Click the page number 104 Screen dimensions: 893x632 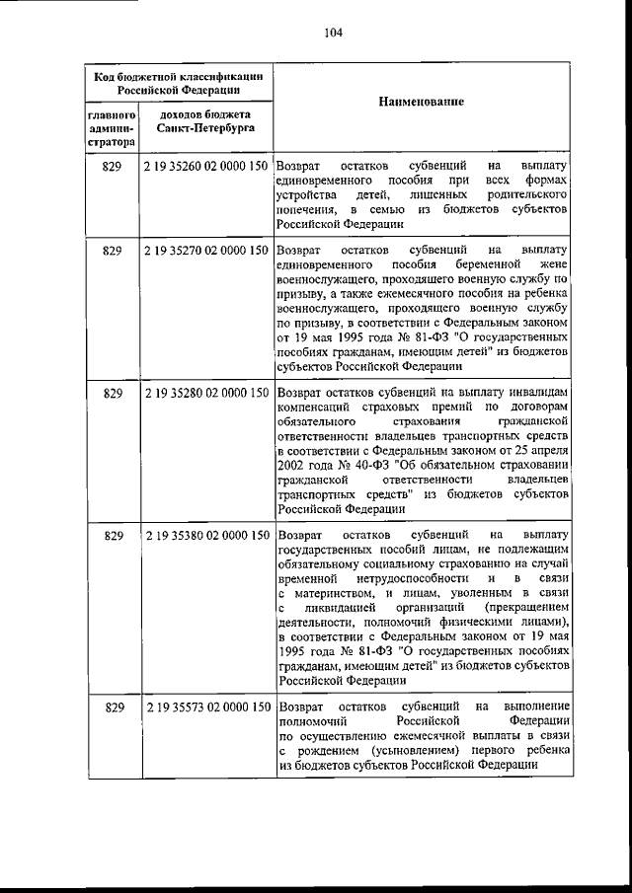coord(332,33)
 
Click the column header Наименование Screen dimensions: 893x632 coord(421,103)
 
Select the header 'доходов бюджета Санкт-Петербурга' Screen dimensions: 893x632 coord(204,122)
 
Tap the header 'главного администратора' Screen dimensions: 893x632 coord(111,129)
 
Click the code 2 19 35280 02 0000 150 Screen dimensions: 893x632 coord(205,393)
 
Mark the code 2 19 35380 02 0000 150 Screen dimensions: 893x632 coord(205,535)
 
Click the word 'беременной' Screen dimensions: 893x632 coord(478,265)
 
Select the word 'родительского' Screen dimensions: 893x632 coord(523,195)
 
